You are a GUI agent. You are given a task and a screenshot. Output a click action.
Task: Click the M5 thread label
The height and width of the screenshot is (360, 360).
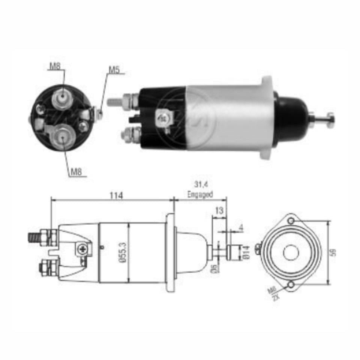(114, 69)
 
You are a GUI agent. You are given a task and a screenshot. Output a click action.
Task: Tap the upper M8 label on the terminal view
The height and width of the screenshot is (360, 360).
(55, 66)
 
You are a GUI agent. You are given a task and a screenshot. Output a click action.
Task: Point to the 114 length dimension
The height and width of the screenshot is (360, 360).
(116, 195)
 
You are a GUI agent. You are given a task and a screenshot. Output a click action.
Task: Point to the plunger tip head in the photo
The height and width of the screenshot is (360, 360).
(330, 120)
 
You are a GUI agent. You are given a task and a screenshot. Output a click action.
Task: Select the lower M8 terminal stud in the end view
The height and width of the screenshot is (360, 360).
(62, 137)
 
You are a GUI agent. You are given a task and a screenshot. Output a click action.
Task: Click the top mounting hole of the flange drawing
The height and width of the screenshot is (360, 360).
(291, 221)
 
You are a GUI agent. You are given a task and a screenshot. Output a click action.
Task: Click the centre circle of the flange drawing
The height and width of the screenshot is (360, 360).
(291, 253)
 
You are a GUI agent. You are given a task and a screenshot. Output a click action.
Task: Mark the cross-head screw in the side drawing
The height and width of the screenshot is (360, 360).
(82, 248)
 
